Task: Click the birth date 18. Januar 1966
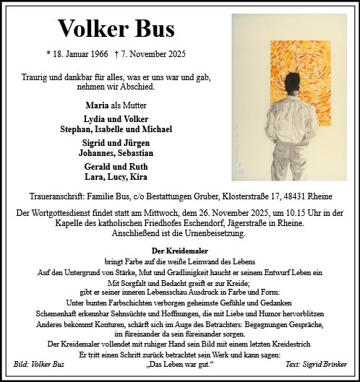(80, 54)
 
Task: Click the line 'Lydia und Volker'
(116, 118)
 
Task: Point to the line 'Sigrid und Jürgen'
(116, 143)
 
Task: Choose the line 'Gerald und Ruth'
(116, 166)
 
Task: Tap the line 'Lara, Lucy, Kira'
(116, 176)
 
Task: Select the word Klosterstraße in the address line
(237, 195)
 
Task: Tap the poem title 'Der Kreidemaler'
(180, 250)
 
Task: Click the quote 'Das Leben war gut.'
(180, 365)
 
